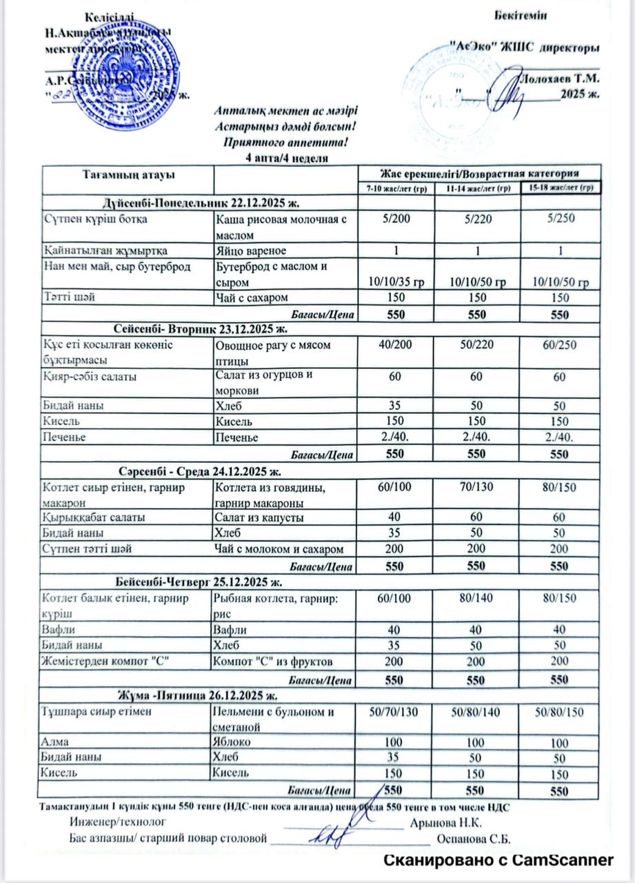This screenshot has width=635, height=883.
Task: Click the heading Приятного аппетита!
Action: (x=286, y=143)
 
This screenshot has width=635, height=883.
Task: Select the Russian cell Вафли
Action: (x=232, y=630)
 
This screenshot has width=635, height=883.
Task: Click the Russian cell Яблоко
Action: (x=235, y=742)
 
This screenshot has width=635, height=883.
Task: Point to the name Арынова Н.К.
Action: (x=445, y=823)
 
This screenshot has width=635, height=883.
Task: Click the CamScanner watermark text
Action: (x=498, y=860)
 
